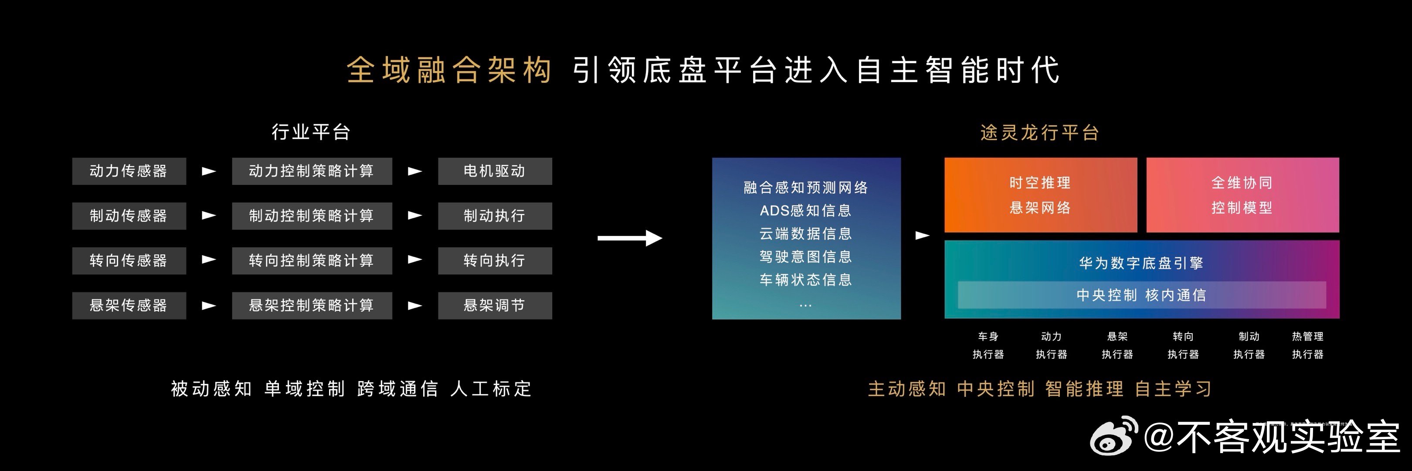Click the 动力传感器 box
[129, 171]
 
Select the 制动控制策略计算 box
[312, 216]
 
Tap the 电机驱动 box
[495, 171]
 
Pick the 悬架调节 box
[495, 305]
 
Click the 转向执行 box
[495, 260]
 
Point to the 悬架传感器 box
[129, 305]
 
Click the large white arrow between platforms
[630, 238]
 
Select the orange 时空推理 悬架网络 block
[1040, 195]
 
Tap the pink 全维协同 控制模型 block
[1242, 195]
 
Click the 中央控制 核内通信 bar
[1142, 295]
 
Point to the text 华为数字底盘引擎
[1141, 263]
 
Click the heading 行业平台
[311, 132]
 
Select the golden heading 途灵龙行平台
[1039, 133]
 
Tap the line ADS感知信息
[805, 211]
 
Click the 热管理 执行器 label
[1307, 345]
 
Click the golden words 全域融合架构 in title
[449, 70]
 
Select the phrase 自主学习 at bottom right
[1173, 389]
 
